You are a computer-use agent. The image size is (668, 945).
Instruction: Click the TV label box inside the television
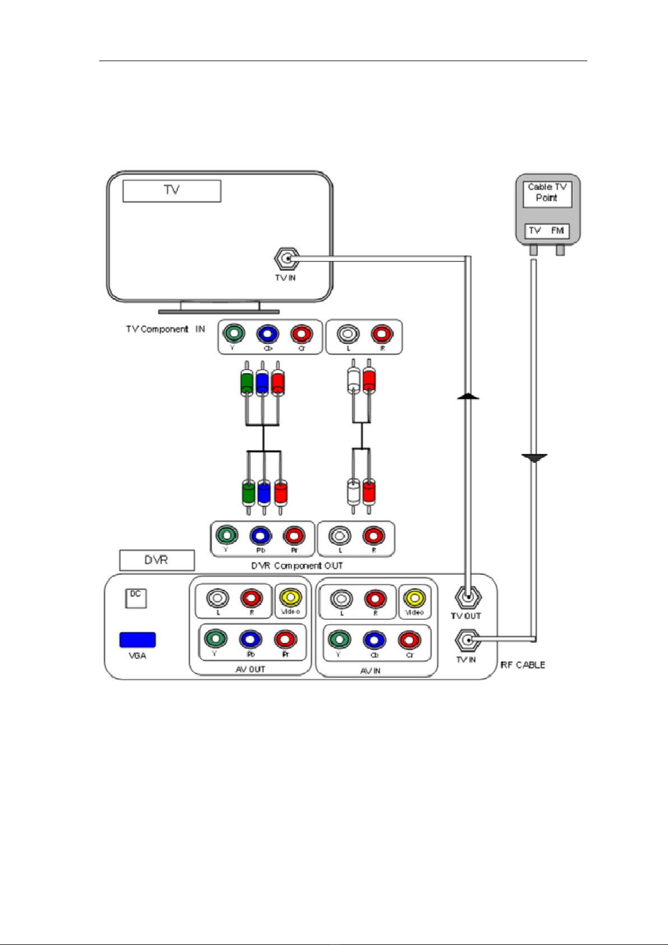point(172,191)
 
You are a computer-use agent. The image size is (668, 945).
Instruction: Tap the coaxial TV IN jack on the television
point(287,259)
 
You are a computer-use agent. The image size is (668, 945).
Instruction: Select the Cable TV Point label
point(547,192)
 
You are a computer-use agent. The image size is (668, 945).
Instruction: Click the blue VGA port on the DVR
point(137,640)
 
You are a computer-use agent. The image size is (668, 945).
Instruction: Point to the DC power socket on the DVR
point(136,598)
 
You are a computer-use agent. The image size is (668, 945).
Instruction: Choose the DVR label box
point(157,560)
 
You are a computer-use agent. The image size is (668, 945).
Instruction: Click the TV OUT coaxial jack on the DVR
point(467,598)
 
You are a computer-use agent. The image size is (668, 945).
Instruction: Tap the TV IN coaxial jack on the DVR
point(467,639)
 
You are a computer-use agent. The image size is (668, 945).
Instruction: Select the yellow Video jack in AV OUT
point(290,597)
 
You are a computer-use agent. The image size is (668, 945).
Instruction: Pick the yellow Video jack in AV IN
point(414,598)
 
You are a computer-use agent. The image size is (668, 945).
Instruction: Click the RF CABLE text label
point(523,665)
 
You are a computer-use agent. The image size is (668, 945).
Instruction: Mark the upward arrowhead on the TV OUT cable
point(468,397)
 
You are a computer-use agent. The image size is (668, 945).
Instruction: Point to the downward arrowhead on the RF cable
point(534,458)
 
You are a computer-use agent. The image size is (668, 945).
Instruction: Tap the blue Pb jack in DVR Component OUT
point(260,536)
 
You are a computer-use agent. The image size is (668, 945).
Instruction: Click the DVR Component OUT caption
point(297,566)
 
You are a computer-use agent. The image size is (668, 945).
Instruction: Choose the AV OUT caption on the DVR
point(250,669)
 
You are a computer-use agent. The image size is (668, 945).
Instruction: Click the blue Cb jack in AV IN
point(374,640)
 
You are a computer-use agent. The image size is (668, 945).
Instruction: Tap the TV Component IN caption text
point(165,329)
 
